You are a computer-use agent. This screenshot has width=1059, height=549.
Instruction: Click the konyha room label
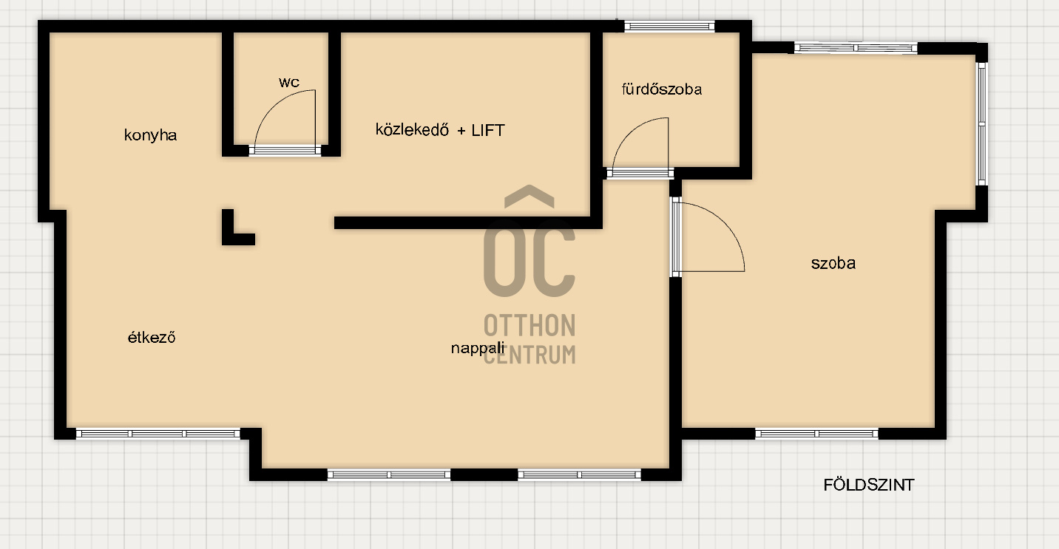coord(150,135)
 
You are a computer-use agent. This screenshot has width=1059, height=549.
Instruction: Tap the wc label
coord(289,83)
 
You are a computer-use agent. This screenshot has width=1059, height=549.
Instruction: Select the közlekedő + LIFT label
coord(440,130)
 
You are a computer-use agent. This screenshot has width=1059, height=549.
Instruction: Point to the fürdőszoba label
coord(661,89)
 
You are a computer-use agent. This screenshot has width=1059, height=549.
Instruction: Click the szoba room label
coord(833,263)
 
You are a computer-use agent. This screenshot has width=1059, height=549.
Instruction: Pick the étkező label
coord(152,338)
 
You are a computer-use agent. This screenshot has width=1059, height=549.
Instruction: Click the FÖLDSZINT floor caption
coord(869,485)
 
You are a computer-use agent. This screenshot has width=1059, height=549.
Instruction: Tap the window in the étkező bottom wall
coord(158,434)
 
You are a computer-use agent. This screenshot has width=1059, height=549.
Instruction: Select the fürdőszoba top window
coord(669,27)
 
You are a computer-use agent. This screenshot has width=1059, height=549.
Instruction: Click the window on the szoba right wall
coord(982,124)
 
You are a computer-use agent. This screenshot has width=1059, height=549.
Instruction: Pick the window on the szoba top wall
coord(856,48)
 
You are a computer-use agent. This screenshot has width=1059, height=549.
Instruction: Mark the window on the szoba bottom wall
coord(816,434)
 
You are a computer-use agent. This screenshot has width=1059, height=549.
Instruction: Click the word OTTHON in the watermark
coord(529,326)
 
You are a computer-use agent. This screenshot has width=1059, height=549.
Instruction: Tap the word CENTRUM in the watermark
coord(529,355)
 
